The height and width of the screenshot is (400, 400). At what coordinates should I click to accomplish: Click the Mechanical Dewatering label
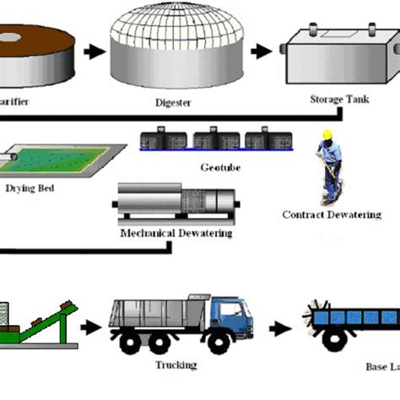coord(176,233)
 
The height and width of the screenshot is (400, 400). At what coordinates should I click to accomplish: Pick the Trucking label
coord(176,365)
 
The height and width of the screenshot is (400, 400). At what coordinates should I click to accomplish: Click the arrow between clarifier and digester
coord(94,51)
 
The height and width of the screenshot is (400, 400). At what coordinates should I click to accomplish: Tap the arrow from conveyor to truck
coord(89,323)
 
